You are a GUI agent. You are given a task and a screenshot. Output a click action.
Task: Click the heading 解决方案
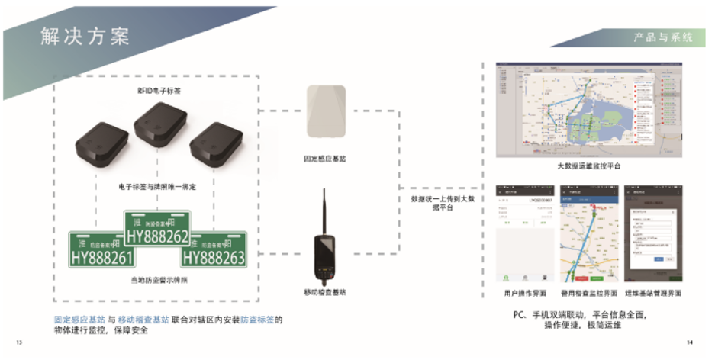(x=85, y=37)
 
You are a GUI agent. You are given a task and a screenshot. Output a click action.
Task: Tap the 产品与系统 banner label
(x=662, y=37)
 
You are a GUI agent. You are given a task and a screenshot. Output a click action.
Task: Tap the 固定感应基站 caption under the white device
(x=326, y=159)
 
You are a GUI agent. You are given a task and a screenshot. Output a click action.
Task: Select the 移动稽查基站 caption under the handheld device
(x=325, y=292)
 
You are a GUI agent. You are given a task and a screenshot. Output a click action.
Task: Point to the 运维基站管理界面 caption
(x=652, y=293)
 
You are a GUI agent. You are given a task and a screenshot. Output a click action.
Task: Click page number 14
(x=690, y=342)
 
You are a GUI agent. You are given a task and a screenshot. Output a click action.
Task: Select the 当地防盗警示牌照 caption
(x=159, y=281)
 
